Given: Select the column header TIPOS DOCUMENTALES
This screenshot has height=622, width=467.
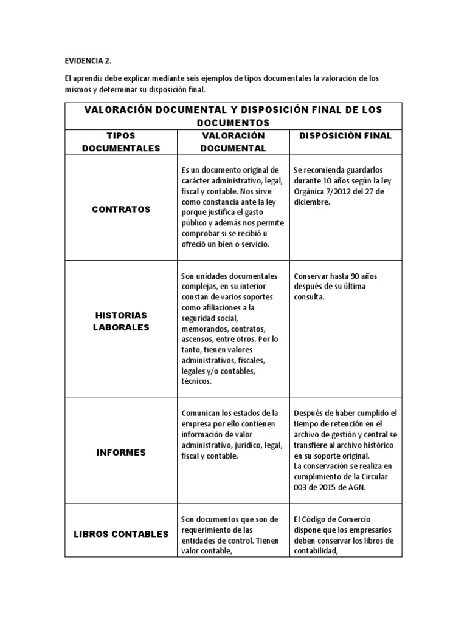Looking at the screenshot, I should point(121,142).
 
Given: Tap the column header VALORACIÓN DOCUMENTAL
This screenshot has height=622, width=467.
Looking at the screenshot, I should point(233,142).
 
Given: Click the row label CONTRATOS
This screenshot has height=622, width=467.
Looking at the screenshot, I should point(121,209).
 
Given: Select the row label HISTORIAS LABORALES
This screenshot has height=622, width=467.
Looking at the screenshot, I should point(121,321).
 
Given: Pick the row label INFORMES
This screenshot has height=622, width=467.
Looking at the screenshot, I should point(121,453).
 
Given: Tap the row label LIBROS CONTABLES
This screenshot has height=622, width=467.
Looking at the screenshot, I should point(121,535).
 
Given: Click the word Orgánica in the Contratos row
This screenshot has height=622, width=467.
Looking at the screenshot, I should point(311,192).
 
